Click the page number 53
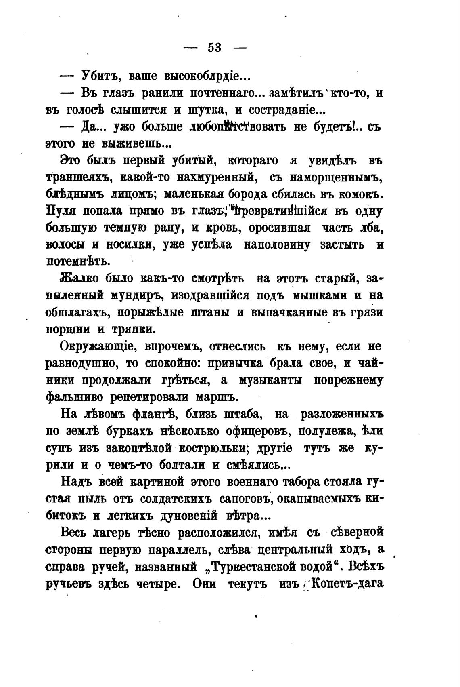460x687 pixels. point(215,48)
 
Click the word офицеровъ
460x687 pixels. point(258,431)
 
